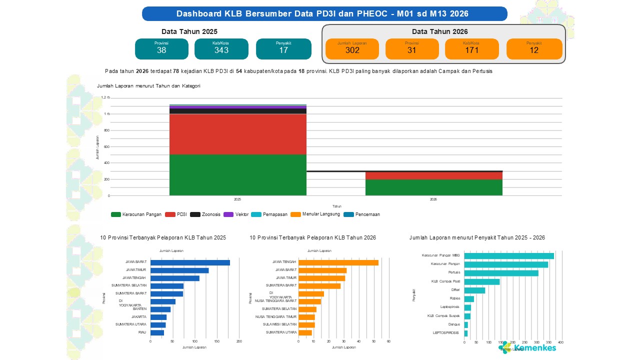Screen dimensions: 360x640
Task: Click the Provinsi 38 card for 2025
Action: point(161,49)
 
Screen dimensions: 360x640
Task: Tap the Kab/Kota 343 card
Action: point(221,49)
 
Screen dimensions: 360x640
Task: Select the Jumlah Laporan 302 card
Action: point(352,49)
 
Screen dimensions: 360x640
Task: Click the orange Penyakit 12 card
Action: point(534,49)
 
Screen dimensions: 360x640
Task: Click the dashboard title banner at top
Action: point(324,13)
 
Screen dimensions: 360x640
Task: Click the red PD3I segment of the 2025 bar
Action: point(237,134)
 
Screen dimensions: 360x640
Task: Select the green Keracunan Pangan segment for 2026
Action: point(433,187)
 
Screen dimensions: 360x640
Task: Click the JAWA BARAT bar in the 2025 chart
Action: point(190,262)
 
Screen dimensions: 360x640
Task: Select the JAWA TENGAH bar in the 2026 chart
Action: point(338,262)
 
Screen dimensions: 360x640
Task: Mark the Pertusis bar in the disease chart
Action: point(501,273)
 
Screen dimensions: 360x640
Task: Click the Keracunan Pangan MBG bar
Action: point(509,256)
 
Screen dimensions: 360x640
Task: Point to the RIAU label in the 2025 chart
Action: point(142,332)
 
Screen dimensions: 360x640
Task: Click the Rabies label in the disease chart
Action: point(454,298)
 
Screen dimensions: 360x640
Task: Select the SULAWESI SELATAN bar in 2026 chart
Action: point(306,324)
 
